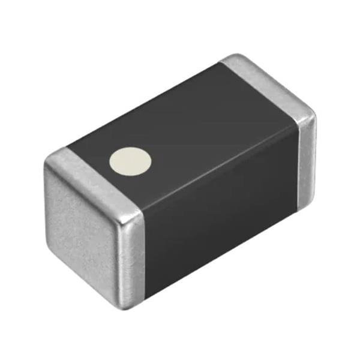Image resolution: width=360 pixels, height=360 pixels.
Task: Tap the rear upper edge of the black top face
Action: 144,105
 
